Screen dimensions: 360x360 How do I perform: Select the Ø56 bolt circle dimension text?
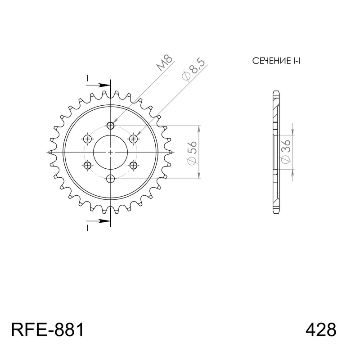click(192, 152)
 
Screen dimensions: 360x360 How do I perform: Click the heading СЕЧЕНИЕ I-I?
click(276, 61)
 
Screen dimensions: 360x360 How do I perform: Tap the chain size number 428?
click(320, 330)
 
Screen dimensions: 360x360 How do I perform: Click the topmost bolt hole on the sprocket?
click(111, 125)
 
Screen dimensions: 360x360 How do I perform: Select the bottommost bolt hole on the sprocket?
click(111, 179)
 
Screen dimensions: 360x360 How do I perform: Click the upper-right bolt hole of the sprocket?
click(133, 138)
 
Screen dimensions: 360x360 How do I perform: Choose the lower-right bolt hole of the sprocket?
click(133, 166)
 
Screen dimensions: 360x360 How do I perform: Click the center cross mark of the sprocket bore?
click(111, 152)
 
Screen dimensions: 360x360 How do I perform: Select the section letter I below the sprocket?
click(87, 228)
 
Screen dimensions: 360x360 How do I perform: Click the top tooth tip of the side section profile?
click(276, 92)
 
